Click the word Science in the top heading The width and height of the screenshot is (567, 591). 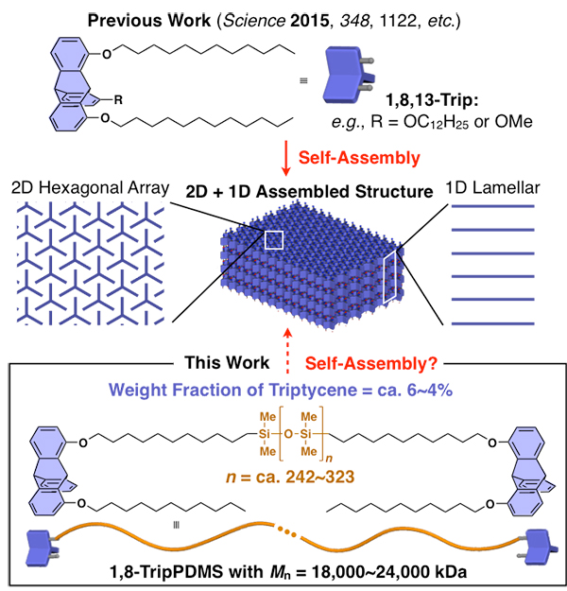(254, 21)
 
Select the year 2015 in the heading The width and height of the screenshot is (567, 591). (310, 21)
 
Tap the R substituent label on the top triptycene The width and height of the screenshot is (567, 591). (118, 100)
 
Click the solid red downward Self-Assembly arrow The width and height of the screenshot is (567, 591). (286, 158)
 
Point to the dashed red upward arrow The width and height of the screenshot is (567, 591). (288, 351)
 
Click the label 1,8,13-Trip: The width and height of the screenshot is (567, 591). (432, 100)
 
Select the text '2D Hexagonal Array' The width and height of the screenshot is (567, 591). (91, 188)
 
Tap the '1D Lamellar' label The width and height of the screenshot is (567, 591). (492, 188)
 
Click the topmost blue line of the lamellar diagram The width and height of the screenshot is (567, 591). (492, 206)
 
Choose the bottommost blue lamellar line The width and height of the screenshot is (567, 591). (492, 323)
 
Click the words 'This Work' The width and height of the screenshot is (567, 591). (227, 362)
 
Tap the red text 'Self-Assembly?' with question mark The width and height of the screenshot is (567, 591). (371, 363)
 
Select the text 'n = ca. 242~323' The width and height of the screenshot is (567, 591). (290, 478)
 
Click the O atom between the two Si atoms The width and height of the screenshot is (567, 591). (288, 434)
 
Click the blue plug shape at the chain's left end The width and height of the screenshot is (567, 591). (42, 548)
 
